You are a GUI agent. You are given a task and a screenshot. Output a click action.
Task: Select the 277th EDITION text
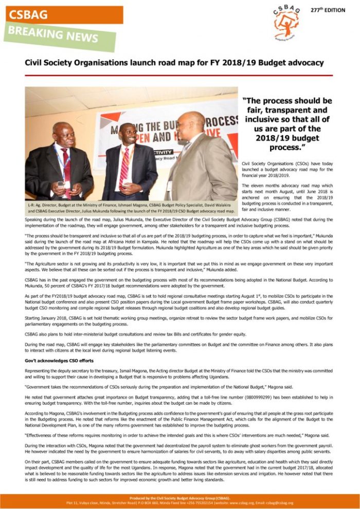[328, 10]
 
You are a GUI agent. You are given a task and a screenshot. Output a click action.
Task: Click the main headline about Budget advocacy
[174, 63]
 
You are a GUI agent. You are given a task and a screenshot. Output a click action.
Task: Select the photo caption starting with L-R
[131, 208]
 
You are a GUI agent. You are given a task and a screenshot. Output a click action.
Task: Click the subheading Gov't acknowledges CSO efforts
[59, 360]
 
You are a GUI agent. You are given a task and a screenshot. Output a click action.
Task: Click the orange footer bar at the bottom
[179, 500]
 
